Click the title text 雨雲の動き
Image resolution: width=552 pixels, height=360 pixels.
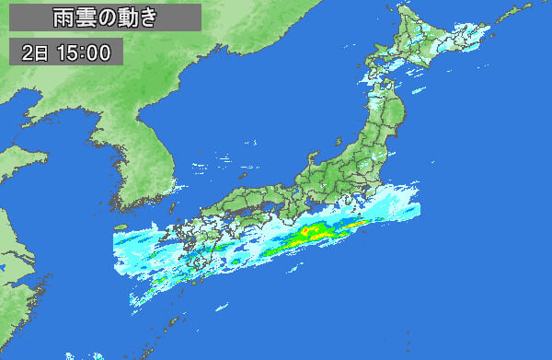click(107, 17)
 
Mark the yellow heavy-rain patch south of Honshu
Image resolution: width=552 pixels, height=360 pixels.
click(313, 234)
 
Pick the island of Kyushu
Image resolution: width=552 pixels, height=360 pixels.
click(189, 244)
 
